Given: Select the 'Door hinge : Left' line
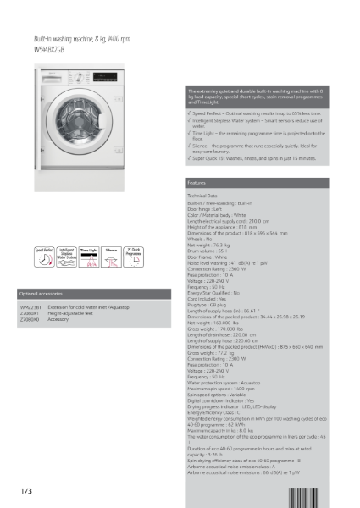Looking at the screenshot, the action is (x=207, y=209).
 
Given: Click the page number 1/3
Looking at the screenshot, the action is (x=26, y=491).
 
